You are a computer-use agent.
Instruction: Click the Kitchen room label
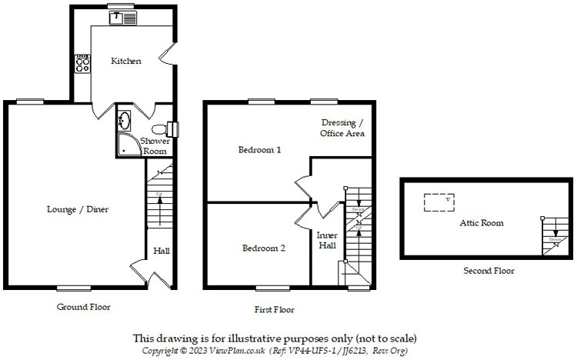pos(126,61)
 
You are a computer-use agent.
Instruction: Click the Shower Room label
pos(155,145)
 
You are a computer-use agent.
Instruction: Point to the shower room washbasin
pos(125,121)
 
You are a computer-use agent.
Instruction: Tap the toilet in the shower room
pos(160,129)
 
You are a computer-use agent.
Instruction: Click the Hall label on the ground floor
pos(162,251)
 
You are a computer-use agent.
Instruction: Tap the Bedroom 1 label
pos(258,150)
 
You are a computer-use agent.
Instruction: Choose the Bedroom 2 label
pos(264,248)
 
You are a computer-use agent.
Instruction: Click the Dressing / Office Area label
pos(342,128)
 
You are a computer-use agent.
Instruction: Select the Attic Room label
pos(482,223)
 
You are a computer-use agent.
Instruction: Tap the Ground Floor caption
pos(84,306)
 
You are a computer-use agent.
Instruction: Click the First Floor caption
pos(275,309)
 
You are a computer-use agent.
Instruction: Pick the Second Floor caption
pos(489,271)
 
